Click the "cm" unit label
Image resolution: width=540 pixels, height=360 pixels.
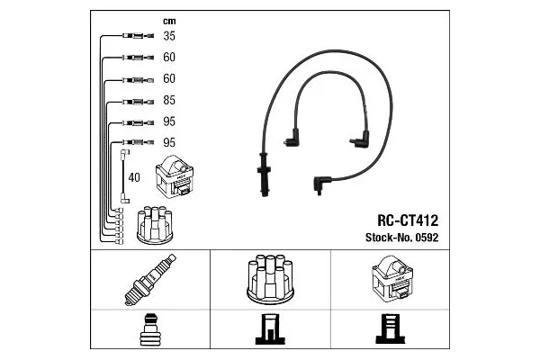[x=168, y=21]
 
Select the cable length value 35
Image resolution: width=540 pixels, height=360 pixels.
[x=168, y=37]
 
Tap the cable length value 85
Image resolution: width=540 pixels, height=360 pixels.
[x=168, y=101]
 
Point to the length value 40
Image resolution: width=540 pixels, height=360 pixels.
[x=135, y=177]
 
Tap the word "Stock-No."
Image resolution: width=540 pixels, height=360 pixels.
[x=384, y=238]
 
